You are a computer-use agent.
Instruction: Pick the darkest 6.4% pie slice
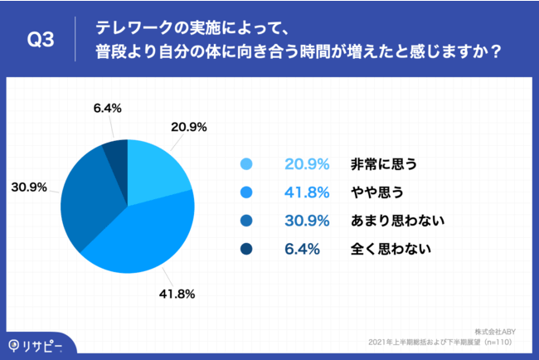(x=116, y=153)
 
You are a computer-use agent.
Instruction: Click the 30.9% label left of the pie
(x=28, y=186)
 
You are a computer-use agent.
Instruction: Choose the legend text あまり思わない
(x=394, y=220)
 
